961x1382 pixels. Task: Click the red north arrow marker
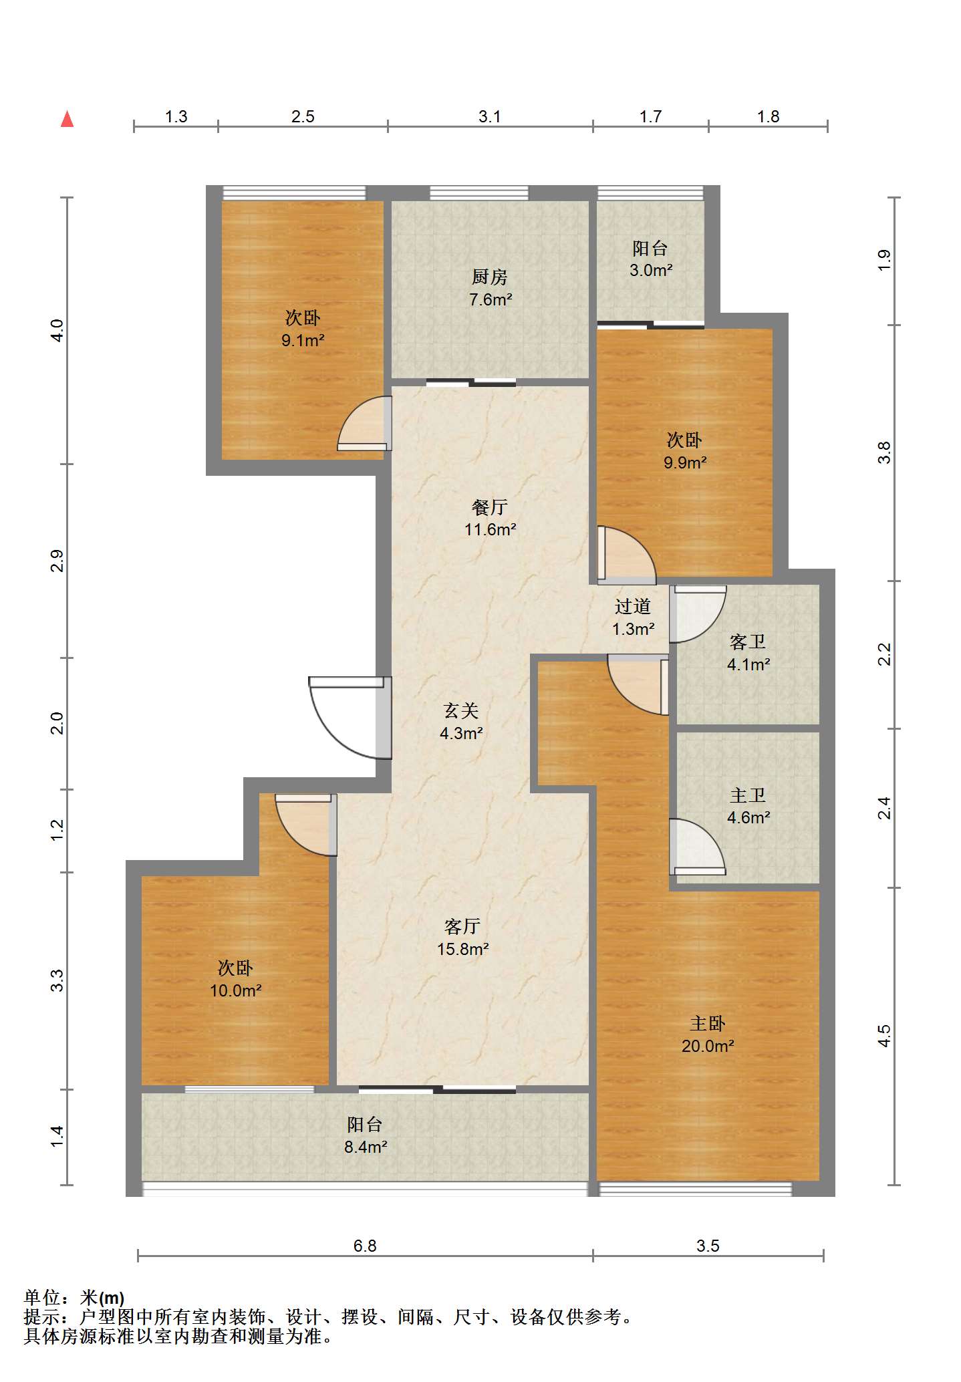pyautogui.click(x=67, y=119)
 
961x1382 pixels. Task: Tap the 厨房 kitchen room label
pyautogui.click(x=490, y=277)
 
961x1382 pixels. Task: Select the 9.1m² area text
pyautogui.click(x=303, y=340)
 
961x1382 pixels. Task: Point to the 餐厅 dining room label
pyautogui.click(x=490, y=507)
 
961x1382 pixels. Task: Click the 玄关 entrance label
pyautogui.click(x=461, y=710)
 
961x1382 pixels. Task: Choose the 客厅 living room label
pyautogui.click(x=462, y=926)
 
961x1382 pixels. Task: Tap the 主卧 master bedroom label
pyautogui.click(x=708, y=1023)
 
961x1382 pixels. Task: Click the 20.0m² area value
pyautogui.click(x=708, y=1046)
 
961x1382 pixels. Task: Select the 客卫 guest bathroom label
pyautogui.click(x=748, y=642)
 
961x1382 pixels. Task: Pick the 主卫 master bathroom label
pyautogui.click(x=748, y=795)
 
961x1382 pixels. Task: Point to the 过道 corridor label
pyautogui.click(x=633, y=606)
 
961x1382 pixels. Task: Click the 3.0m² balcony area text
pyautogui.click(x=651, y=270)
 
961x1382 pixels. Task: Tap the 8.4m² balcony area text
pyautogui.click(x=366, y=1147)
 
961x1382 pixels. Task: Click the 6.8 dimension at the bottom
pyautogui.click(x=365, y=1246)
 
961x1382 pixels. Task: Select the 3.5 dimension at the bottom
pyautogui.click(x=708, y=1246)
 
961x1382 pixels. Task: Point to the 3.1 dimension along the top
pyautogui.click(x=490, y=116)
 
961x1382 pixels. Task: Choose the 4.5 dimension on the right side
pyautogui.click(x=883, y=1036)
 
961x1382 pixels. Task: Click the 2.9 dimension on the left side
pyautogui.click(x=57, y=561)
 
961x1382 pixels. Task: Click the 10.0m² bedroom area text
pyautogui.click(x=235, y=990)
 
